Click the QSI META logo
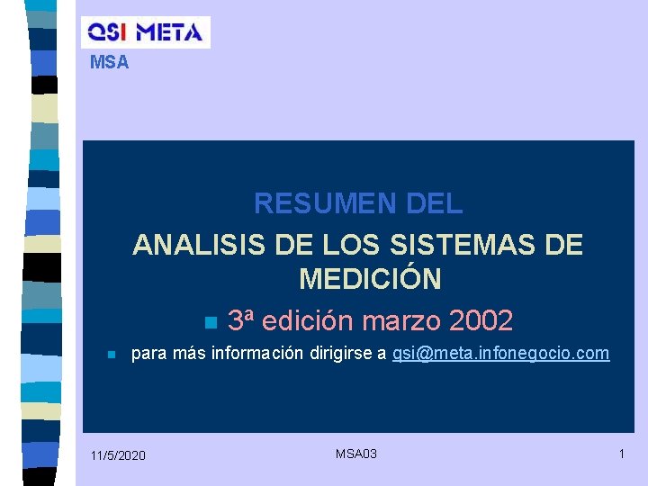pos(145,32)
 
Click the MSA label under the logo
pos(110,63)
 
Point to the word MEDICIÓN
pos(370,279)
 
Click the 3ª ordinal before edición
pos(240,320)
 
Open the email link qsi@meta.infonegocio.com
pos(500,354)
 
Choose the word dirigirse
pos(341,354)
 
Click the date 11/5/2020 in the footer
pos(118,456)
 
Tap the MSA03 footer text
pos(356,454)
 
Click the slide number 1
pos(621,454)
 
